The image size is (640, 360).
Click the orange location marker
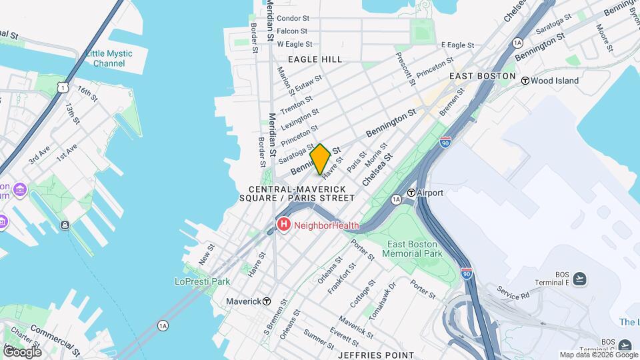click(320, 159)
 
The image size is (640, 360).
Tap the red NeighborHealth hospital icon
click(283, 225)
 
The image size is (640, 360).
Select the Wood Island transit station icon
click(525, 81)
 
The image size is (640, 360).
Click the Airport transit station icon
click(412, 193)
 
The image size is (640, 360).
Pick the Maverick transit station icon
click(267, 301)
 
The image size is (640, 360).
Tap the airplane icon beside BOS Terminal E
click(579, 279)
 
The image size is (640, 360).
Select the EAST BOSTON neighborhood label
click(482, 76)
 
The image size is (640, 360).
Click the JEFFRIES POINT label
click(375, 355)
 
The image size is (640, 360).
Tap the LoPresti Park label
click(198, 281)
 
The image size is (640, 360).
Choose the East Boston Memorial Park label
click(413, 249)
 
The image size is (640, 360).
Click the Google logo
click(22, 351)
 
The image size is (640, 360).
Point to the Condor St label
click(293, 19)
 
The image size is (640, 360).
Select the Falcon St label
click(292, 31)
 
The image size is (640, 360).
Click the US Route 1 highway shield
click(62, 87)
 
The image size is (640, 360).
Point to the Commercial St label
click(54, 335)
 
